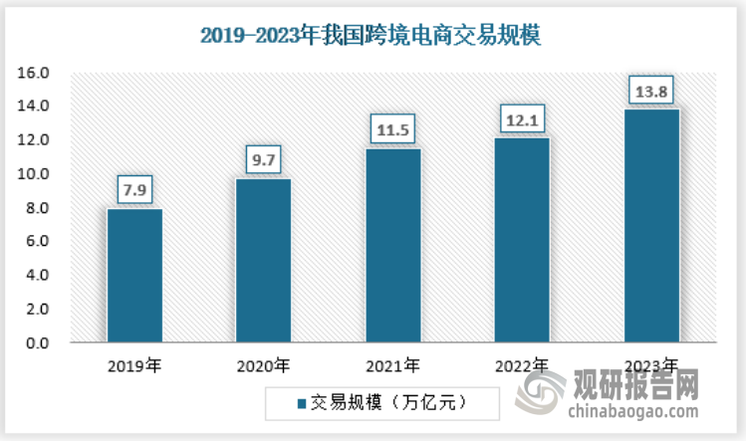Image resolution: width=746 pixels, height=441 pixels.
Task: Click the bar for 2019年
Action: pyautogui.click(x=134, y=276)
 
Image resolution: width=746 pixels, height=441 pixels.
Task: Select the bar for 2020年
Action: pyautogui.click(x=264, y=261)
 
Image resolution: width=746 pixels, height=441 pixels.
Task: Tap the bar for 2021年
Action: pyautogui.click(x=393, y=246)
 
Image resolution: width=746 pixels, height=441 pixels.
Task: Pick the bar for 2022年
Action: pyautogui.click(x=522, y=240)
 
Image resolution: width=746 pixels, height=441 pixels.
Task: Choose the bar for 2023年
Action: pyautogui.click(x=651, y=226)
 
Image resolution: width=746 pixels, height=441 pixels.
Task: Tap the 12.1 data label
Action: pyautogui.click(x=522, y=118)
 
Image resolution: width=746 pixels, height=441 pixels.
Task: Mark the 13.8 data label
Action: pyautogui.click(x=651, y=91)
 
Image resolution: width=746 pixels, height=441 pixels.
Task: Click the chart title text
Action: pyautogui.click(x=371, y=36)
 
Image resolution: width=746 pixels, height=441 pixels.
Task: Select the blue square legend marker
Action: pyautogui.click(x=301, y=403)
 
